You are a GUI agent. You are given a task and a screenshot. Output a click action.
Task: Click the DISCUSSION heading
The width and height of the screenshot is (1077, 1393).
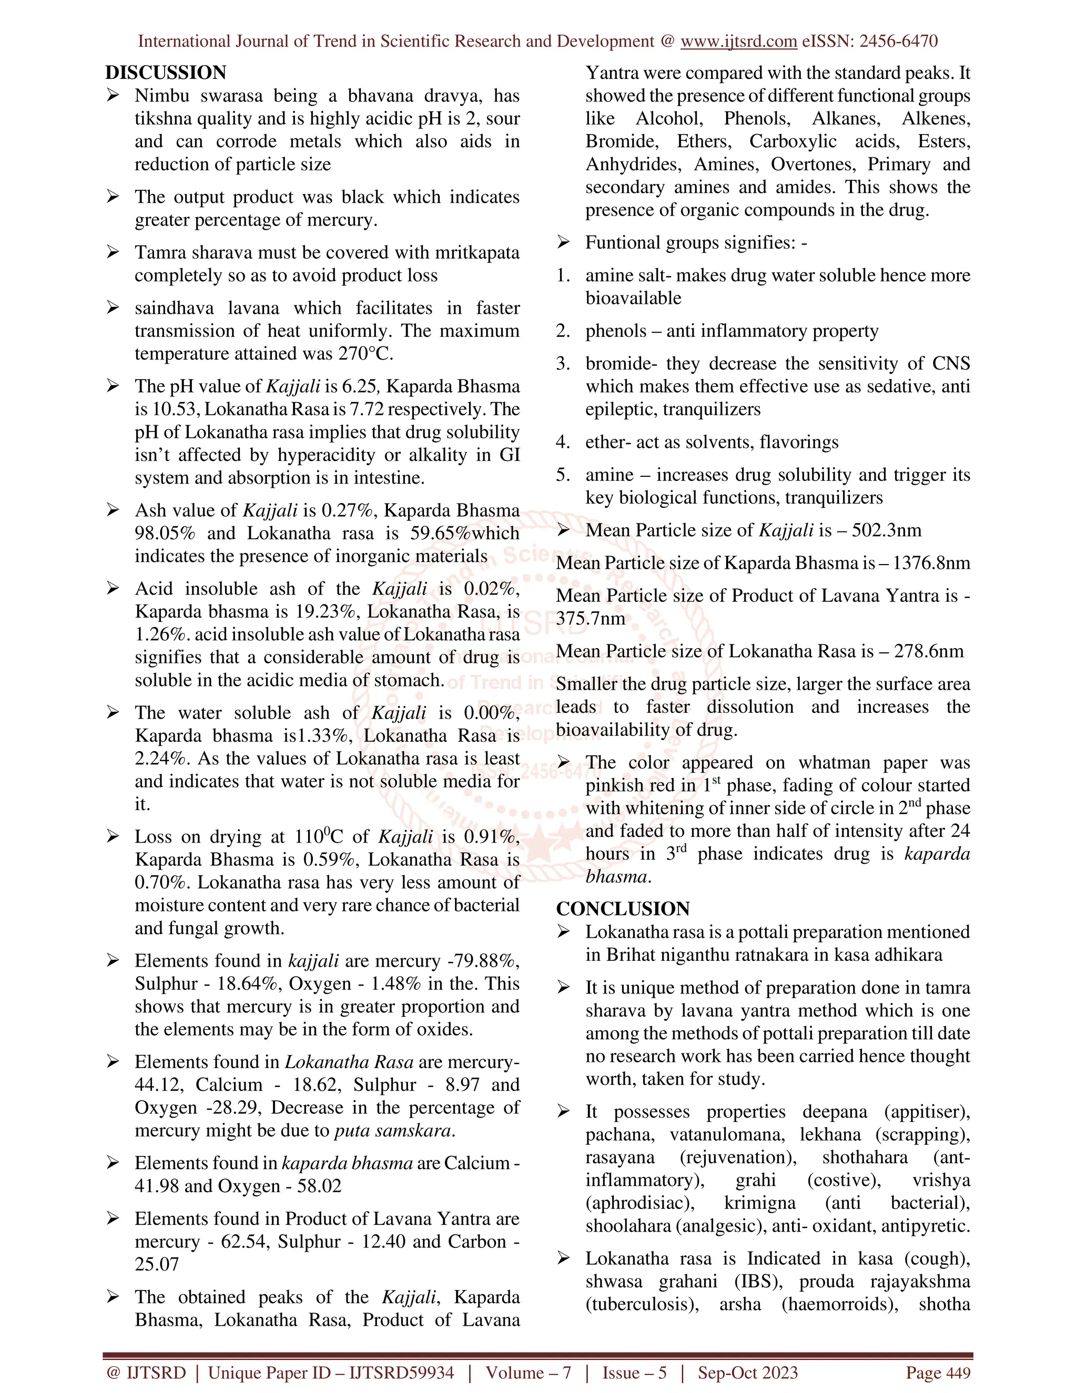(166, 73)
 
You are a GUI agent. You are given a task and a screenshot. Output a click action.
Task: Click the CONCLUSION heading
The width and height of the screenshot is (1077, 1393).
(623, 909)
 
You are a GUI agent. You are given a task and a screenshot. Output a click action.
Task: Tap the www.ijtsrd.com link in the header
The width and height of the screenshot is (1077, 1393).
(738, 42)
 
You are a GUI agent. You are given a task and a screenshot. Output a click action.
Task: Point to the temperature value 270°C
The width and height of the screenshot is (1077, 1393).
(365, 354)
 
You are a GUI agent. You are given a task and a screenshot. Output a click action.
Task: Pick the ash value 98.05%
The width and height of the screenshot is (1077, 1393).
(165, 533)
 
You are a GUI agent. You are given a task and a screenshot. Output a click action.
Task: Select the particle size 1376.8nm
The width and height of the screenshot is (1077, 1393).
(931, 563)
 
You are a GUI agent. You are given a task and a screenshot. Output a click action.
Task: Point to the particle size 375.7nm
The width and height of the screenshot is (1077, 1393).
(590, 619)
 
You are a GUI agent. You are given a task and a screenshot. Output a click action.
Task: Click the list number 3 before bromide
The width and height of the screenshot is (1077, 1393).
(563, 364)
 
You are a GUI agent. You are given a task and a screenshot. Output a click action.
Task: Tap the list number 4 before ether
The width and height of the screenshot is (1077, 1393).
(563, 443)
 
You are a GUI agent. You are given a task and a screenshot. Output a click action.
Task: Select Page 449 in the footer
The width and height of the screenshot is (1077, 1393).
(938, 1373)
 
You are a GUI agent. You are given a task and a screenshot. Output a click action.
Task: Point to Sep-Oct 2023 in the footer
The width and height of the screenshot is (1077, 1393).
(747, 1373)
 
